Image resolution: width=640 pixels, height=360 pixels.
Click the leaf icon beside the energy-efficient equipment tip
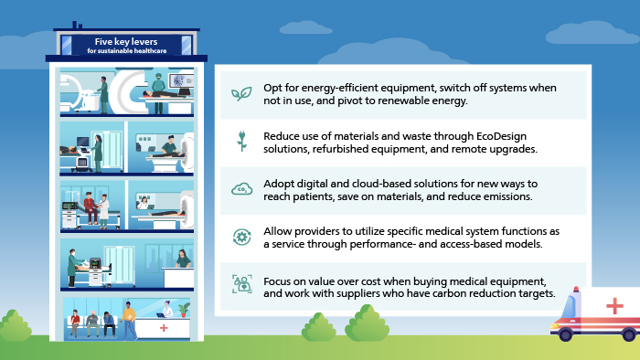241,94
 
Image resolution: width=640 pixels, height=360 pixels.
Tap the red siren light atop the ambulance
574,291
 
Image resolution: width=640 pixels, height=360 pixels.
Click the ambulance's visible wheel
567,335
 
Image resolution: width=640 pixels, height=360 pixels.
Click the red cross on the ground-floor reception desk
164,326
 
